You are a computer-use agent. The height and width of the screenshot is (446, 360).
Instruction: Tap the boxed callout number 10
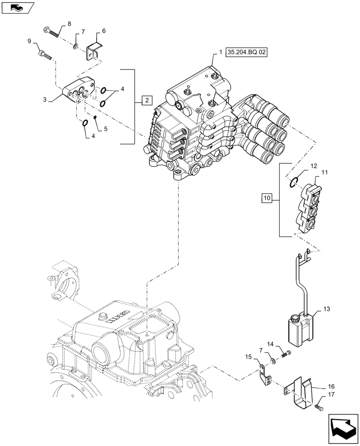pyautogui.click(x=267, y=197)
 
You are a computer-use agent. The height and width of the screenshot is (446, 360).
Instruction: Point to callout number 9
pyautogui.click(x=29, y=41)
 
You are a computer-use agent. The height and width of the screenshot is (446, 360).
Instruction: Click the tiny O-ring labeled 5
pyautogui.click(x=95, y=117)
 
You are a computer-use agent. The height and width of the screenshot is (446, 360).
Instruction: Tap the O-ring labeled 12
pyautogui.click(x=293, y=182)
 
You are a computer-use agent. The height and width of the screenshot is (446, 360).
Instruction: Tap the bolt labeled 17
pyautogui.click(x=318, y=408)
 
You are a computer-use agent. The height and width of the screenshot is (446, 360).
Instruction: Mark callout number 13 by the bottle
pyautogui.click(x=327, y=309)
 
